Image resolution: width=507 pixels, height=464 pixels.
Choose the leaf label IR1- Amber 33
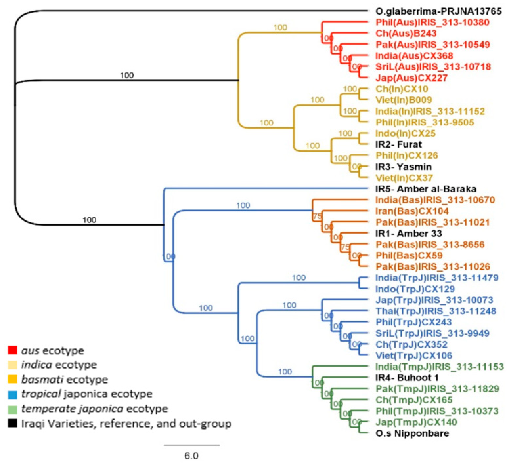(x=409, y=234)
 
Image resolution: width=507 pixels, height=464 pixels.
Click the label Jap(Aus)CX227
(x=412, y=78)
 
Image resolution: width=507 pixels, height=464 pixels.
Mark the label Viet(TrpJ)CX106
(x=414, y=356)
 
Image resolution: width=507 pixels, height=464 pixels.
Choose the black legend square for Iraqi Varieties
(x=13, y=423)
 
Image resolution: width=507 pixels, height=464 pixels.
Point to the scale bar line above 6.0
(x=192, y=445)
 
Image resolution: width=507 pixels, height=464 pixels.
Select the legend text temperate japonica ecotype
(x=94, y=409)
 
